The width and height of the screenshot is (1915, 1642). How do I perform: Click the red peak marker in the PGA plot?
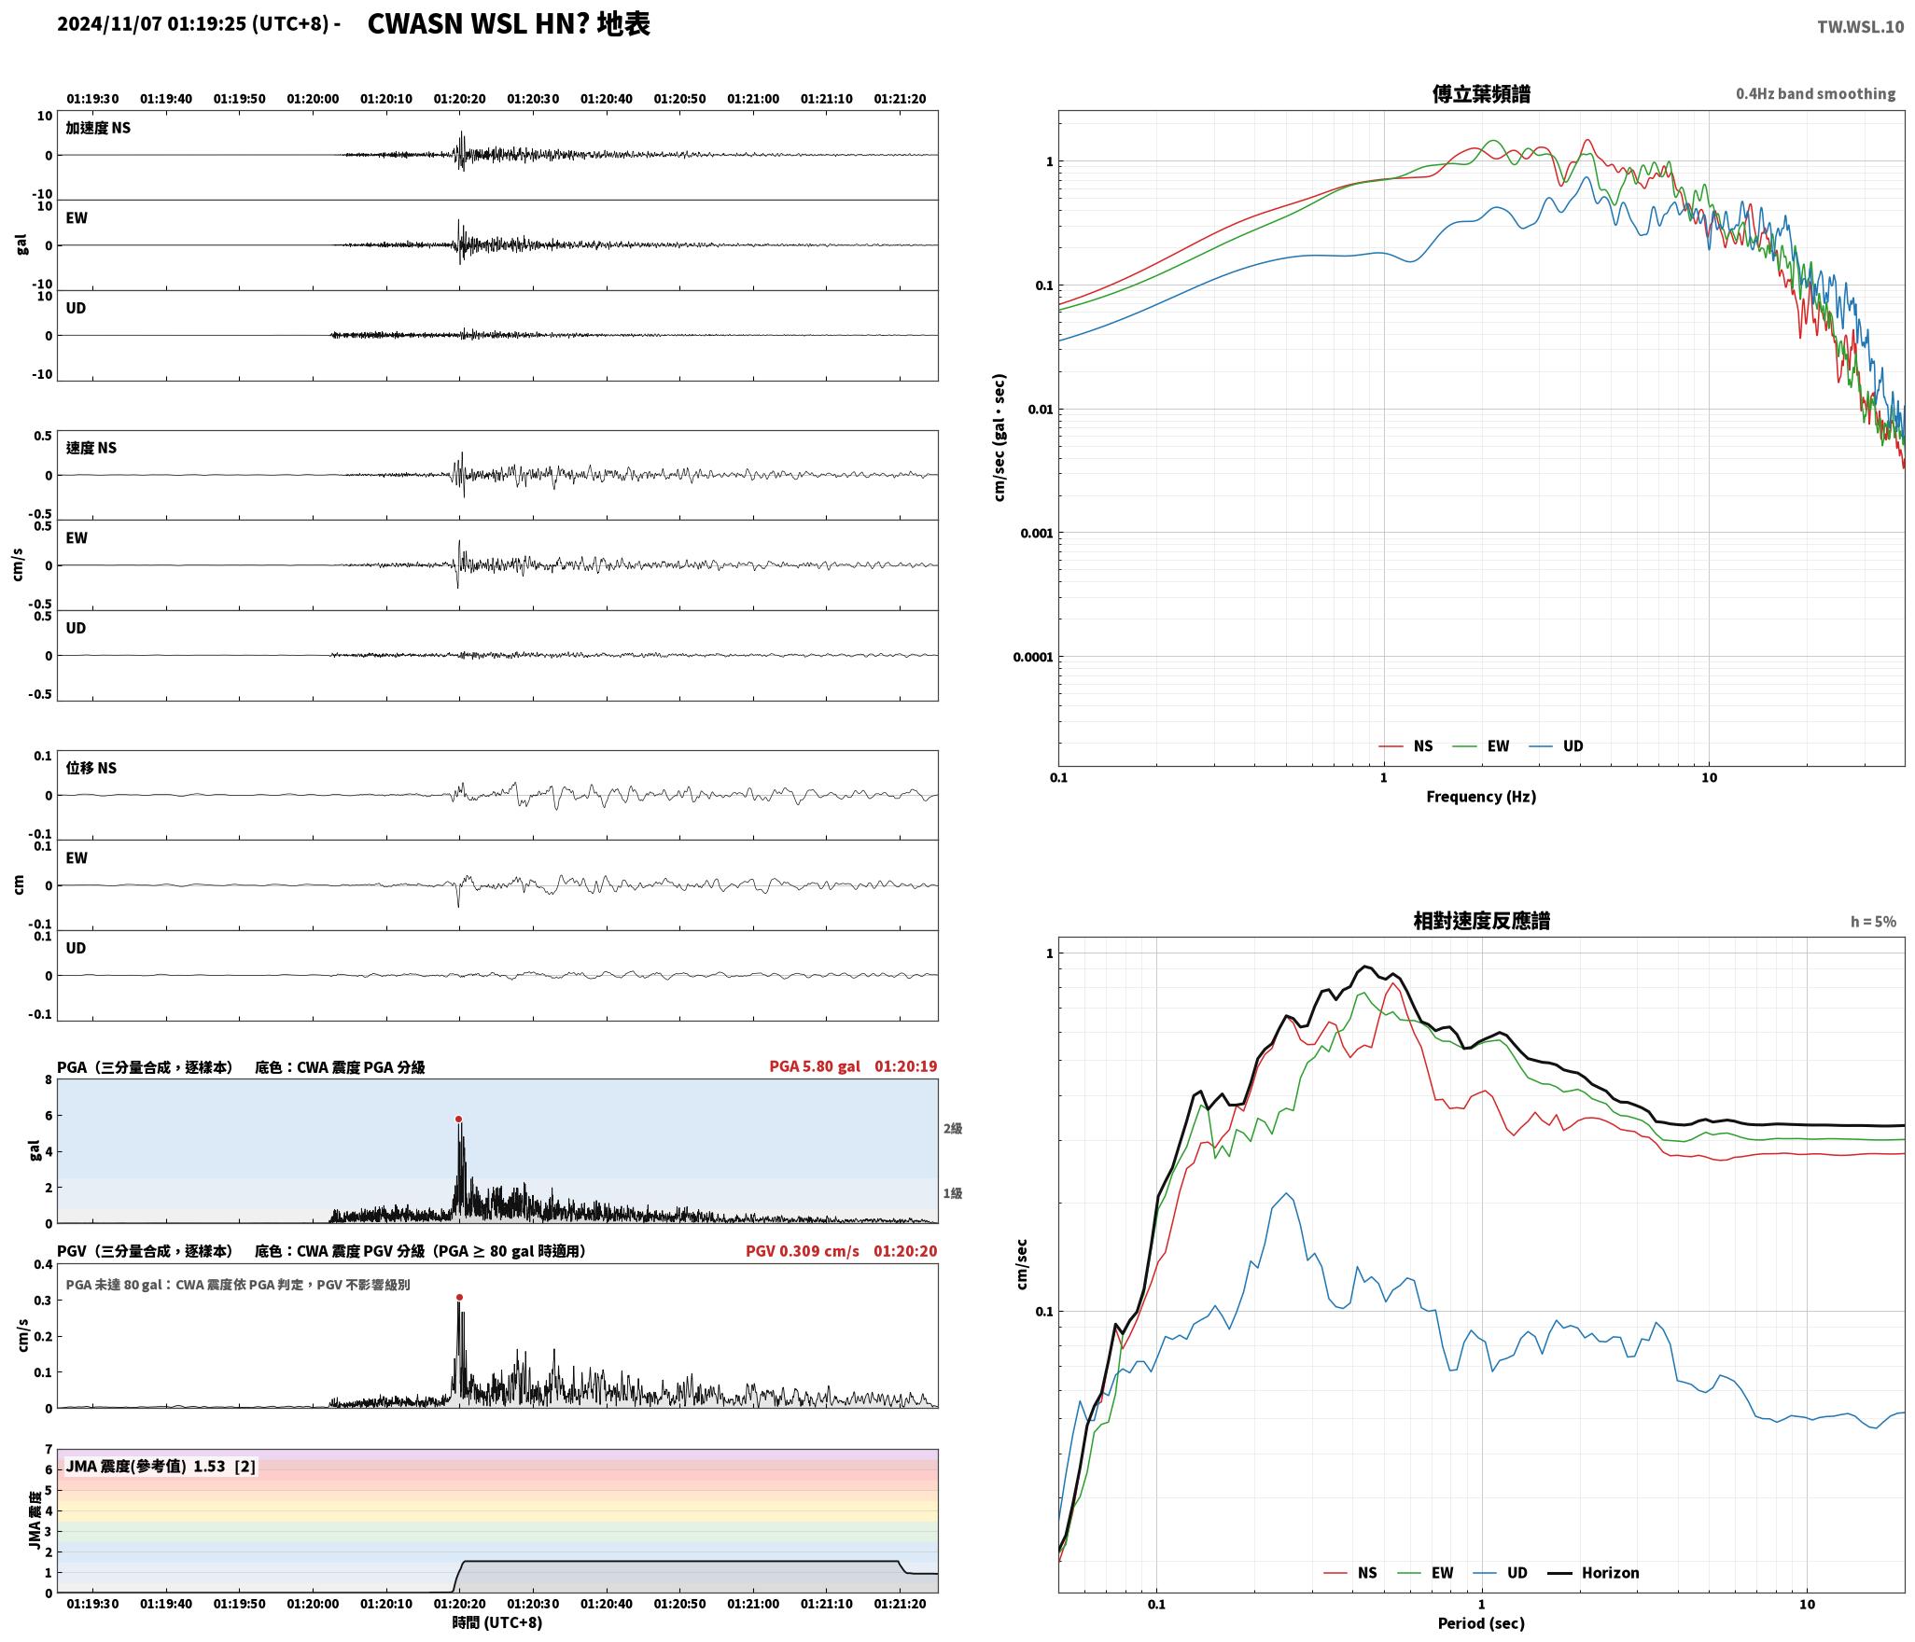coord(459,1119)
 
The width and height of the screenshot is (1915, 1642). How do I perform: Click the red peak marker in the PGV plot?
coord(459,1297)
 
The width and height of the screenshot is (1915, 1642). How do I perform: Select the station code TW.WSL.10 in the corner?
coord(1860,27)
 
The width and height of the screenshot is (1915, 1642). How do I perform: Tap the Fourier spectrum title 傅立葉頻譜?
coord(1481,93)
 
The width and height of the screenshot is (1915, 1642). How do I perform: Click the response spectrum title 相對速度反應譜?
coord(1481,921)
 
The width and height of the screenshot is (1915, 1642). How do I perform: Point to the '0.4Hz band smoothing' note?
coord(1815,94)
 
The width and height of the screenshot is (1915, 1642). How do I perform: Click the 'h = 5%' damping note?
coord(1873,922)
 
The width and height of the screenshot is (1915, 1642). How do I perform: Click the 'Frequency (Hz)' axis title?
coord(1481,797)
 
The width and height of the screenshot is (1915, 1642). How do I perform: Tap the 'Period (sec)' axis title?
coord(1481,1623)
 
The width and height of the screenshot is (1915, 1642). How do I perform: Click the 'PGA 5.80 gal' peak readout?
coord(815,1066)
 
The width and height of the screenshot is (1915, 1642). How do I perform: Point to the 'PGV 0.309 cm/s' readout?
coord(803,1251)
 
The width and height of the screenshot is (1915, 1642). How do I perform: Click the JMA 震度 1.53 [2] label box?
coord(161,1467)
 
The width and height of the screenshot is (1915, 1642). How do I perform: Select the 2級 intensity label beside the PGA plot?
coord(952,1129)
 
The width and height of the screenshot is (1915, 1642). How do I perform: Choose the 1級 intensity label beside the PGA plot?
coord(952,1193)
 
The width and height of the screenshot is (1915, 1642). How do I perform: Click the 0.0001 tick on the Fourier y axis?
coord(1033,657)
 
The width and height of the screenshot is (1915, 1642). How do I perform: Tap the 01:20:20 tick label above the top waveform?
coord(459,99)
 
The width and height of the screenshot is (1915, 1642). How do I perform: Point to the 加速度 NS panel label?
coord(98,128)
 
